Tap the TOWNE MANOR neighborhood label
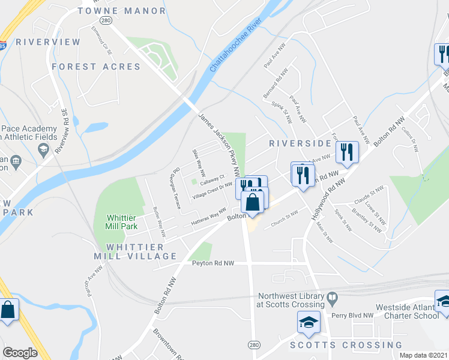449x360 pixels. [x=122, y=11]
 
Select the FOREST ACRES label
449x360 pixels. [x=96, y=67]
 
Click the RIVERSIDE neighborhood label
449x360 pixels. [x=300, y=143]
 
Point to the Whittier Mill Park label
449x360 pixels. [x=122, y=221]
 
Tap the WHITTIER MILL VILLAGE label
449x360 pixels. [x=136, y=251]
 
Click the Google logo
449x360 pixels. [x=20, y=353]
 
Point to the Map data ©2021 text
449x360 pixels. [x=423, y=355]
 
